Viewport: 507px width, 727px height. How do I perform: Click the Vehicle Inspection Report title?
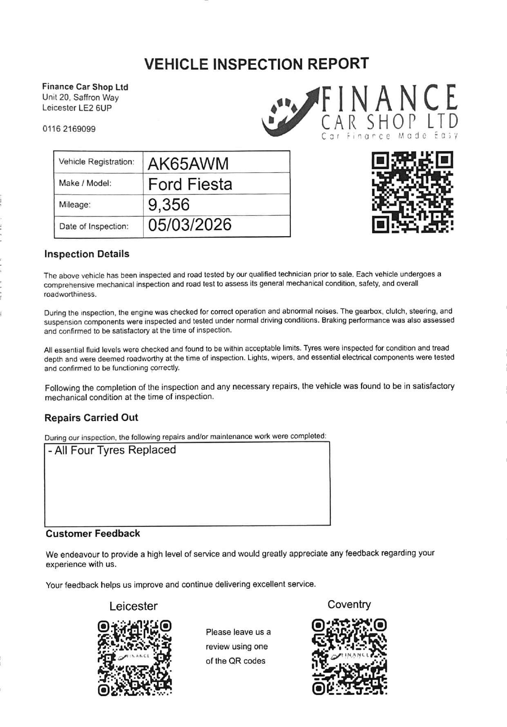(x=256, y=64)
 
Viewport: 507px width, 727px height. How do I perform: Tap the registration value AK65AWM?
(x=188, y=163)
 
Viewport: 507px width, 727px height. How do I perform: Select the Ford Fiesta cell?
(x=190, y=184)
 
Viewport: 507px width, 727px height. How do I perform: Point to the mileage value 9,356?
(x=169, y=205)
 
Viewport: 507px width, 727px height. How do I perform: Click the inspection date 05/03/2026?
(x=190, y=225)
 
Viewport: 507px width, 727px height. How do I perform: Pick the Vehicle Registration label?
(x=96, y=162)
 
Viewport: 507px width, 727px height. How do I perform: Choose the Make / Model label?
(x=85, y=183)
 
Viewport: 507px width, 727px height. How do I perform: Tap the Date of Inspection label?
(x=94, y=227)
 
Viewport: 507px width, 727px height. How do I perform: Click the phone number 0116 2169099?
(x=69, y=129)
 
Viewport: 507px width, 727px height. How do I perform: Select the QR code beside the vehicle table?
(x=412, y=192)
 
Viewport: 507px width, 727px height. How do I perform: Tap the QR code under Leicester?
(x=134, y=658)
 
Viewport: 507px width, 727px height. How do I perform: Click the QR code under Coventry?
(x=349, y=657)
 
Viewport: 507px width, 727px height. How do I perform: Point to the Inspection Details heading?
(x=87, y=254)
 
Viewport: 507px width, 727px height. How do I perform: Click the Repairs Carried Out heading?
(x=91, y=418)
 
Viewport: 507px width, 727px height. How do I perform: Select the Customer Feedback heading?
(x=93, y=534)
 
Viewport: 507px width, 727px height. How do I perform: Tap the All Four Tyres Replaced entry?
(x=112, y=450)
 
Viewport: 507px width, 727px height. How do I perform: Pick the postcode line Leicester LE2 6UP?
(x=77, y=108)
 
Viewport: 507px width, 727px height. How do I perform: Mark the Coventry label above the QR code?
(x=349, y=605)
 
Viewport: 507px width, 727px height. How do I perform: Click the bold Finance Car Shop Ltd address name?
(x=85, y=87)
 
